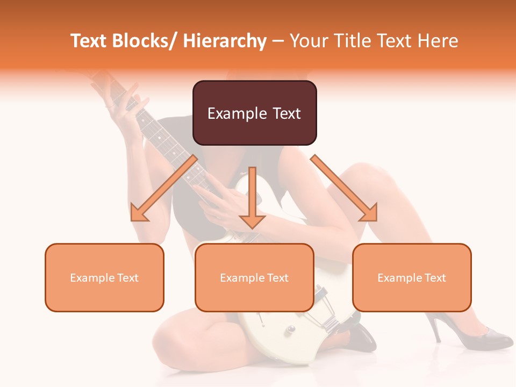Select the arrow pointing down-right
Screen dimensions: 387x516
pos(345,189)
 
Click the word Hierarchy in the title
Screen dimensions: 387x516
pos(225,41)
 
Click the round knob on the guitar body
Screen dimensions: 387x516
pos(291,328)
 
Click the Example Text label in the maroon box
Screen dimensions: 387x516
pos(254,113)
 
